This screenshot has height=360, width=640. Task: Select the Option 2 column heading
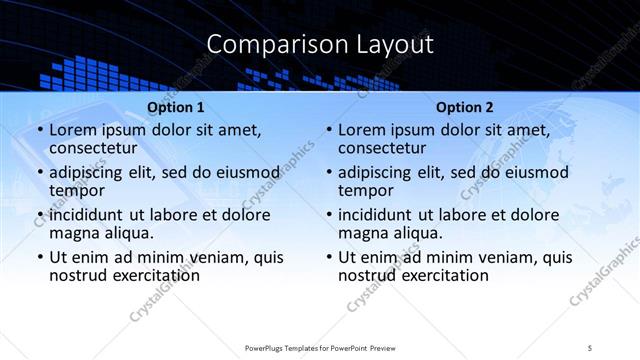(x=465, y=107)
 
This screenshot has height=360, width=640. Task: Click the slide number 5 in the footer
(x=591, y=348)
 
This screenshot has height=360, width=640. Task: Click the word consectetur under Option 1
(x=94, y=148)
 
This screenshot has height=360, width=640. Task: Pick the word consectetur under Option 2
(x=383, y=148)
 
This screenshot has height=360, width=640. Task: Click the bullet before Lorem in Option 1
(x=39, y=131)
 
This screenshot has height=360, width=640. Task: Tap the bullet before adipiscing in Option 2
(x=328, y=173)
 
